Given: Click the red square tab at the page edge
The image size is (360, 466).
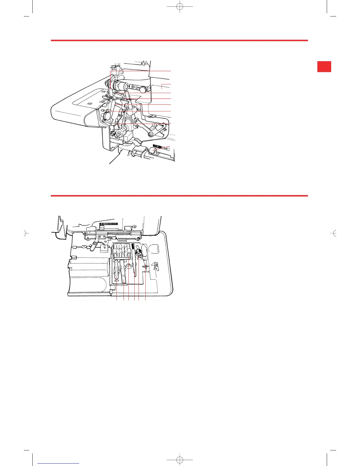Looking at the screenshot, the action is [x=324, y=66].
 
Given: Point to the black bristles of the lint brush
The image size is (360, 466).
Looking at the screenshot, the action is [x=133, y=247].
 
